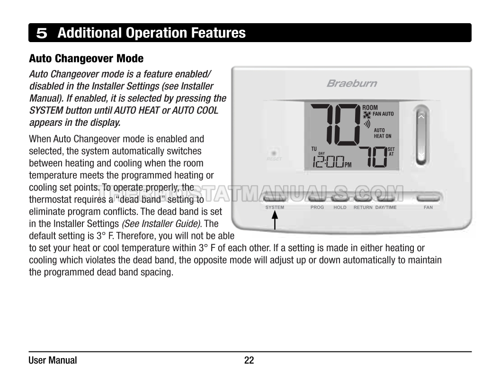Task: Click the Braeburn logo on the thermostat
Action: (352, 83)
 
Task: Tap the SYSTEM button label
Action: (275, 207)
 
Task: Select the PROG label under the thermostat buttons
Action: (317, 207)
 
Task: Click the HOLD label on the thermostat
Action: (339, 207)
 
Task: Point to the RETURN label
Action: (363, 207)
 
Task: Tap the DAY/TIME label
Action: (386, 207)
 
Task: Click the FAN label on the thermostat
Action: (428, 207)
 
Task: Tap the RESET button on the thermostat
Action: (274, 154)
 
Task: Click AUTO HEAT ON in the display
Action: (383, 133)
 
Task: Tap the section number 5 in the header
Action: (42, 33)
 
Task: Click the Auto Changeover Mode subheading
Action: (86, 59)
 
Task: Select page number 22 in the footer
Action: (249, 360)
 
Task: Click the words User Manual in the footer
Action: (53, 360)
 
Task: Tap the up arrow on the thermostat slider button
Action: (421, 116)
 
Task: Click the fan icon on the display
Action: (367, 114)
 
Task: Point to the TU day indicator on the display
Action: (314, 149)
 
